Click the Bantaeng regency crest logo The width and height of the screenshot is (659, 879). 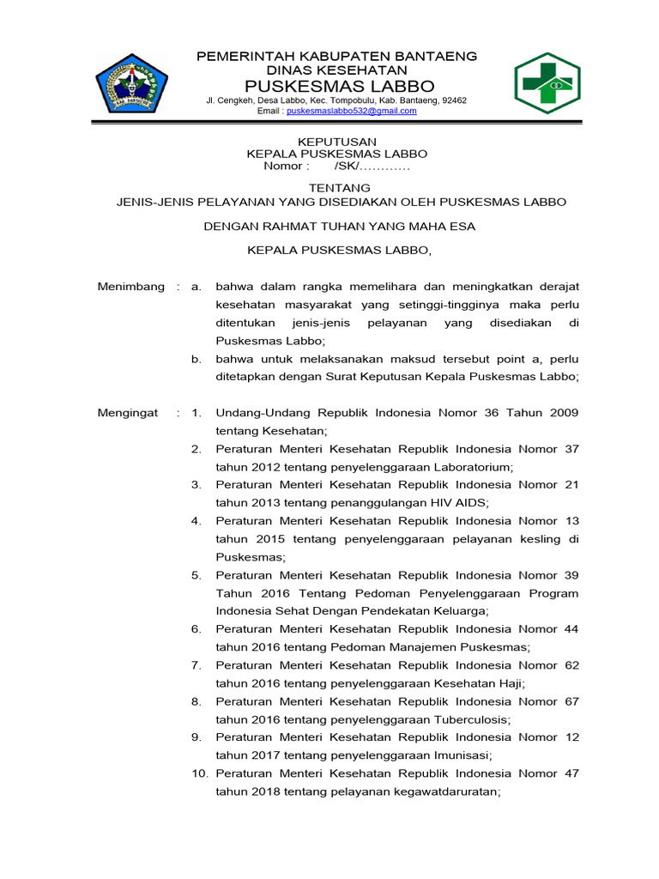(131, 82)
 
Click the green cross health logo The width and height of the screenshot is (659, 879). (553, 82)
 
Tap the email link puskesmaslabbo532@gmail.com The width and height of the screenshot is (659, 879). (351, 111)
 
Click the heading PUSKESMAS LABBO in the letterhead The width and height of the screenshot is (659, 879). (340, 86)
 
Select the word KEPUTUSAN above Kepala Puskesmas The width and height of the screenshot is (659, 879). (336, 142)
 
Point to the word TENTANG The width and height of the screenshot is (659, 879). (339, 187)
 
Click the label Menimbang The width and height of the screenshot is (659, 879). (130, 287)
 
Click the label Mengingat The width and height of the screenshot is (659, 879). (128, 413)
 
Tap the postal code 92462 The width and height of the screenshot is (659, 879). (452, 100)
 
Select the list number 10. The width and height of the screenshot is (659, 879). (199, 773)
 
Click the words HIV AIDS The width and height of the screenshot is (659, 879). (459, 503)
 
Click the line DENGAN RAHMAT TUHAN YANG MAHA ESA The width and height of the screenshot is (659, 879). (339, 227)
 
